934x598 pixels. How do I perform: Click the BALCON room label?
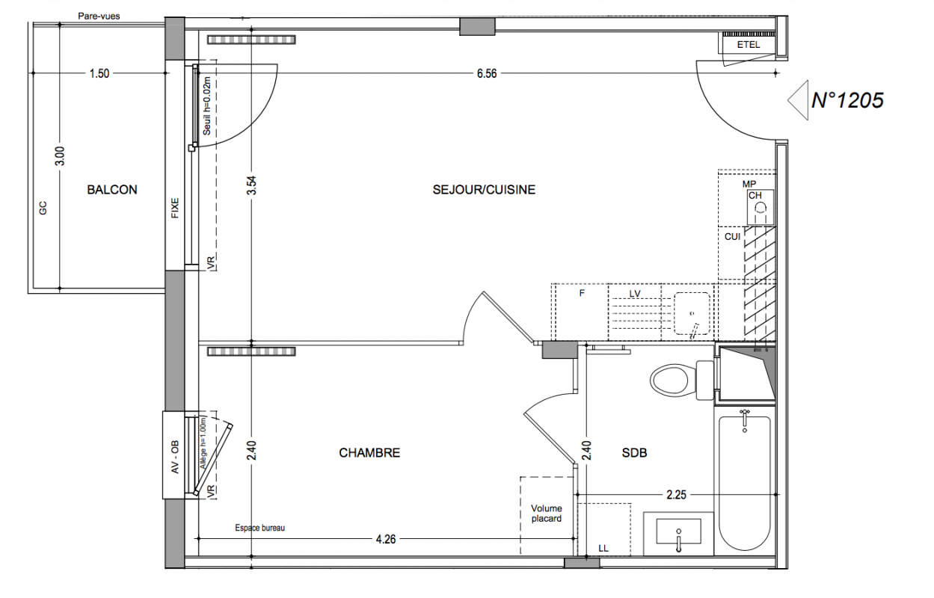pyautogui.click(x=111, y=190)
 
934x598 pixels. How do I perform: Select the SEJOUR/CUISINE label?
pyautogui.click(x=484, y=190)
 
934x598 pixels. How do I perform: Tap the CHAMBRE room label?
pyautogui.click(x=369, y=452)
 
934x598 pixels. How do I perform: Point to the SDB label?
pyautogui.click(x=634, y=452)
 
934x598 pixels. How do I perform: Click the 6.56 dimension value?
pyautogui.click(x=487, y=74)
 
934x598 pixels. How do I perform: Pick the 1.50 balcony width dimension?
pyautogui.click(x=99, y=74)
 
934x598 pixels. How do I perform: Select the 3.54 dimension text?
pyautogui.click(x=251, y=185)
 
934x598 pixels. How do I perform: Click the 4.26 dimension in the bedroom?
pyautogui.click(x=386, y=539)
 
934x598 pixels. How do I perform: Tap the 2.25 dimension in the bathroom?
pyautogui.click(x=676, y=495)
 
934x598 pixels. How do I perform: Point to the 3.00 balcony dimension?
pyautogui.click(x=60, y=156)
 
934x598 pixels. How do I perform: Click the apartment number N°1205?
pyautogui.click(x=848, y=100)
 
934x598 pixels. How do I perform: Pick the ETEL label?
pyautogui.click(x=749, y=45)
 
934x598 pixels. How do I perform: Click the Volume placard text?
pyautogui.click(x=546, y=514)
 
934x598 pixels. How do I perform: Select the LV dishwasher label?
pyautogui.click(x=635, y=294)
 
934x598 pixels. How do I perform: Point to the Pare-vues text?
pyautogui.click(x=99, y=16)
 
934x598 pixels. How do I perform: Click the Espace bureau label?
pyautogui.click(x=259, y=528)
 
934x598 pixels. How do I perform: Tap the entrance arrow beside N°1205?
pyautogui.click(x=798, y=100)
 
